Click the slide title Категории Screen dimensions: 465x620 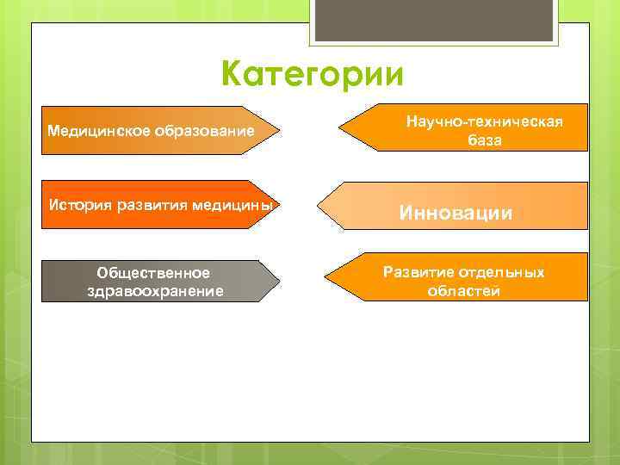point(311,74)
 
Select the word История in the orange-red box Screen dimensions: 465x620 point(78,205)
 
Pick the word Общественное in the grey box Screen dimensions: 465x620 point(154,273)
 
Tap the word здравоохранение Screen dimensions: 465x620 point(155,291)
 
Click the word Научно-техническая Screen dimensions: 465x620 point(485,122)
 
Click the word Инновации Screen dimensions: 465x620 point(456,213)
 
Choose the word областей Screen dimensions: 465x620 point(463,290)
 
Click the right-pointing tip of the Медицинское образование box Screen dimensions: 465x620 point(281,130)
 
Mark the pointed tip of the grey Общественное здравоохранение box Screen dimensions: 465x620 point(279,281)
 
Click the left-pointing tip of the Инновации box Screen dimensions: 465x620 point(319,206)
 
